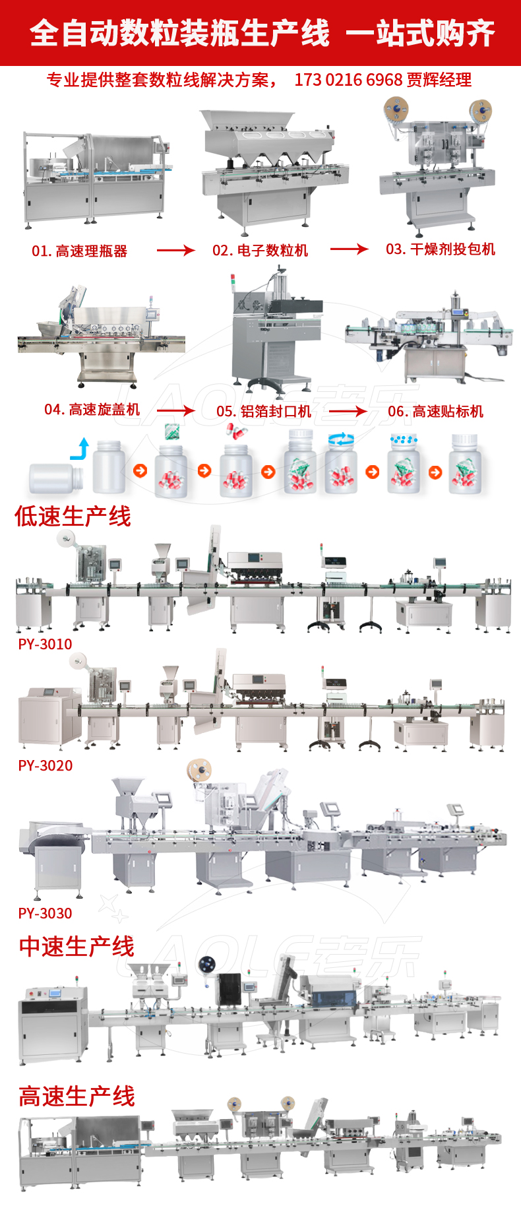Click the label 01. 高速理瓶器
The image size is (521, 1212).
(79, 251)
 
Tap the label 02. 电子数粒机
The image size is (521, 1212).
(260, 251)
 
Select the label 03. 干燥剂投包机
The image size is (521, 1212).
(441, 249)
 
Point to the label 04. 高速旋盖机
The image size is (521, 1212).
(92, 410)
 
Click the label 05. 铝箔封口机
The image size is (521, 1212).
(264, 412)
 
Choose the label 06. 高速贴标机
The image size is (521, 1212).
(435, 412)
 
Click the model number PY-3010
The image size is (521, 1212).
(45, 644)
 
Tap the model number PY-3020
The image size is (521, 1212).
(46, 765)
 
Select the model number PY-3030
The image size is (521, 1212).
(46, 913)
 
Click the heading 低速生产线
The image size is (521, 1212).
(73, 517)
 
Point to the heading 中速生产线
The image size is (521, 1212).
(77, 947)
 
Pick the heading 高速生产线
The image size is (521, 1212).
(77, 1097)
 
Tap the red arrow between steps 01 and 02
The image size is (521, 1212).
(175, 251)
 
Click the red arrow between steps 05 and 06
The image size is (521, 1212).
(348, 412)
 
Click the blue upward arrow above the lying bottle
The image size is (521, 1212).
(80, 449)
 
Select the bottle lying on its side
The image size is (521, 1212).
(56, 478)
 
